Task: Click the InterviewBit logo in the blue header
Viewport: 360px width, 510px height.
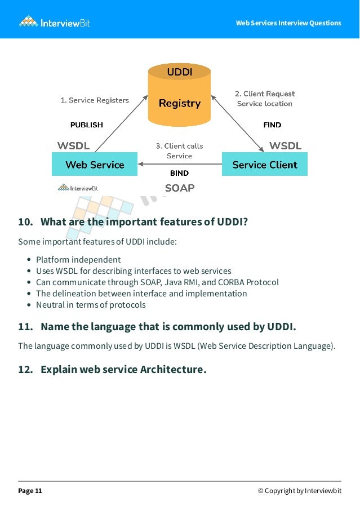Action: click(54, 22)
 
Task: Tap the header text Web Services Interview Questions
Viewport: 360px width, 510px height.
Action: click(288, 23)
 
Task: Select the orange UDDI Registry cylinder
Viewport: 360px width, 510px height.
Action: click(179, 96)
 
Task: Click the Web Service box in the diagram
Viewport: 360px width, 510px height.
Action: click(95, 165)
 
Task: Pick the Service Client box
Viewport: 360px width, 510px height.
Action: click(264, 165)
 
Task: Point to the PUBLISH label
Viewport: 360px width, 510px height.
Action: click(86, 125)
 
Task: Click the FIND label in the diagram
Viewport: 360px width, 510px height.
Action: click(272, 125)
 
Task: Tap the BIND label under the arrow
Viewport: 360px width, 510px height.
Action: click(179, 173)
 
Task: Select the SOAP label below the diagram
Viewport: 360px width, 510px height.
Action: click(179, 188)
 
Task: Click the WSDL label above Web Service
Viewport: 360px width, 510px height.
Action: click(73, 146)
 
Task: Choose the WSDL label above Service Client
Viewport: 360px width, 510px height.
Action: click(285, 146)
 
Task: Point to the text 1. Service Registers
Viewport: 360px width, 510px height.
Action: click(95, 100)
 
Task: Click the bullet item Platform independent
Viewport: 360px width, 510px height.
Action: click(78, 260)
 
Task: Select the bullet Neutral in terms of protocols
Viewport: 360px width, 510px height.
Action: click(91, 305)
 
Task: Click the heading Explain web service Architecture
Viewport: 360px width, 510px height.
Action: click(123, 370)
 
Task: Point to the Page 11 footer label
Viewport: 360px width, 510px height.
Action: click(30, 491)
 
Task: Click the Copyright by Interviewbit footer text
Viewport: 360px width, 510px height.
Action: click(299, 491)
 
